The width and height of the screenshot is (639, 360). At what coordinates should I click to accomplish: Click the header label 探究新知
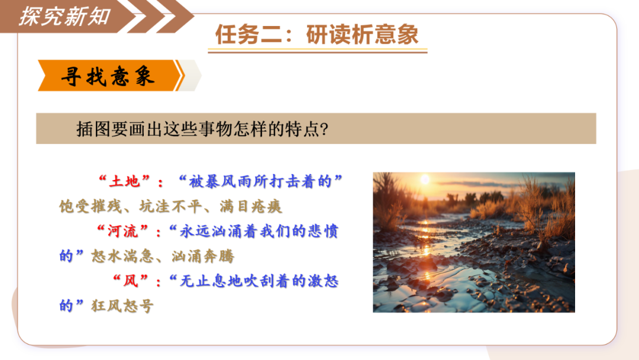pyautogui.click(x=65, y=17)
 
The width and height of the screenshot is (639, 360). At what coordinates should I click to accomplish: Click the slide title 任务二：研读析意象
pyautogui.click(x=317, y=34)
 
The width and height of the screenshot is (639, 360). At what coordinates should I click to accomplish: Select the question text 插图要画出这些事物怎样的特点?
pyautogui.click(x=202, y=129)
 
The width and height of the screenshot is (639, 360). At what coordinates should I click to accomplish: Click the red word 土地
pyautogui.click(x=124, y=181)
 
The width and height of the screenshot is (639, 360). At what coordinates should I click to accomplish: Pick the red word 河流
pyautogui.click(x=122, y=231)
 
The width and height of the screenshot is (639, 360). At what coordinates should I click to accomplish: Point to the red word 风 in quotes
pyautogui.click(x=130, y=281)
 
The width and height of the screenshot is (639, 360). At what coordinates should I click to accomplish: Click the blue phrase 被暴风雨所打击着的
pyautogui.click(x=260, y=181)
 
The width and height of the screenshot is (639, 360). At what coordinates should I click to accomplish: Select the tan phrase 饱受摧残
pyautogui.click(x=91, y=206)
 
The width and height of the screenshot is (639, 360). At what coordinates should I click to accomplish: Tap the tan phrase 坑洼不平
pyautogui.click(x=170, y=206)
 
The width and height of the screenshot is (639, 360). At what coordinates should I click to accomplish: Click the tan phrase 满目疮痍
pyautogui.click(x=251, y=206)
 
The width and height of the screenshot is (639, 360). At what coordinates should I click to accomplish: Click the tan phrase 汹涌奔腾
pyautogui.click(x=202, y=256)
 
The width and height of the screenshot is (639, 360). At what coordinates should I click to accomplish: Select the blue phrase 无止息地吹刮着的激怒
pyautogui.click(x=259, y=281)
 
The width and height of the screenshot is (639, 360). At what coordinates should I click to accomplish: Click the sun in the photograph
pyautogui.click(x=425, y=179)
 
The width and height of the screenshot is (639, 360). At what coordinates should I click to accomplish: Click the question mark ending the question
pyautogui.click(x=324, y=130)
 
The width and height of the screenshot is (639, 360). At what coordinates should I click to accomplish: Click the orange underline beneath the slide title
pyautogui.click(x=318, y=51)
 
